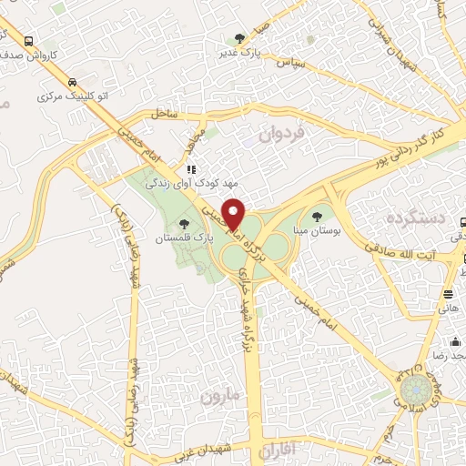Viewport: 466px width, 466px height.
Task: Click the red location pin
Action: point(233,214)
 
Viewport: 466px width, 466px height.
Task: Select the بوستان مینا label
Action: point(318,232)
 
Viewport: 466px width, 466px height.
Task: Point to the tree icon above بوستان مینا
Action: point(317,217)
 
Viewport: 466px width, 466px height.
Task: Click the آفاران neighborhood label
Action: point(278,451)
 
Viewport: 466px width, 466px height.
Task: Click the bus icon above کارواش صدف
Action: point(30,41)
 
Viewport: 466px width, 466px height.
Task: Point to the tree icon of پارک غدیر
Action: point(239,38)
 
